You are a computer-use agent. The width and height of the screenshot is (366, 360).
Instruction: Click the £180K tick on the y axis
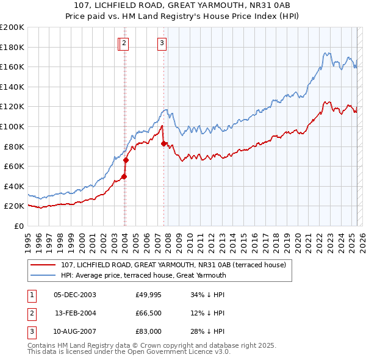click(12, 47)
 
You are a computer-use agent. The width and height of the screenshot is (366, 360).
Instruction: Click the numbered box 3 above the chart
click(162, 43)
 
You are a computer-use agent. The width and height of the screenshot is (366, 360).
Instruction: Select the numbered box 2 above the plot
click(124, 43)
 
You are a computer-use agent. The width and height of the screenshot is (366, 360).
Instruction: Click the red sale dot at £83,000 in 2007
click(163, 143)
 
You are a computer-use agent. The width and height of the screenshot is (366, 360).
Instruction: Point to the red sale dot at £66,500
click(126, 160)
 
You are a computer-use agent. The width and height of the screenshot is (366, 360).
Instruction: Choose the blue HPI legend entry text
click(143, 275)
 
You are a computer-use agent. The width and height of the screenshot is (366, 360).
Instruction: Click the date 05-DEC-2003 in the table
click(75, 295)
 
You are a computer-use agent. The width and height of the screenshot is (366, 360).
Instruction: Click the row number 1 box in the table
click(32, 295)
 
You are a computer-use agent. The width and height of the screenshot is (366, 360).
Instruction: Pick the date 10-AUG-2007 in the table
click(75, 331)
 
